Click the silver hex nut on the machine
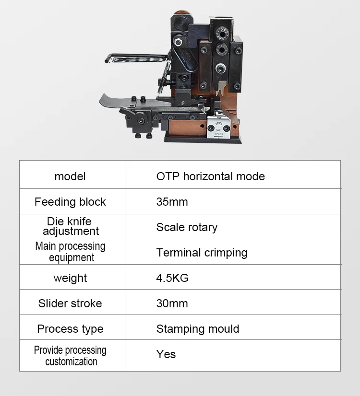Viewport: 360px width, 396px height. (x=221, y=68)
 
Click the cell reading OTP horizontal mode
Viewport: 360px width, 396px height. (x=210, y=176)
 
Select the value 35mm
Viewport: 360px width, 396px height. (x=172, y=202)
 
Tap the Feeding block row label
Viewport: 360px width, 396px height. (x=70, y=202)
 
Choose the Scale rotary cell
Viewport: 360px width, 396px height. (x=187, y=227)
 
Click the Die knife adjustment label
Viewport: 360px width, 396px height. (x=70, y=226)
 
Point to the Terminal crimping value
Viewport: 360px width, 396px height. (x=202, y=253)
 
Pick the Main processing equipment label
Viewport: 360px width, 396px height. (x=70, y=252)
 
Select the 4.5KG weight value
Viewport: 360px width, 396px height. (x=172, y=278)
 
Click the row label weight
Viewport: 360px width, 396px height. (x=70, y=278)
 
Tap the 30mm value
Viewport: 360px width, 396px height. (x=172, y=303)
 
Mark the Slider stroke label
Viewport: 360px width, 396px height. (x=70, y=303)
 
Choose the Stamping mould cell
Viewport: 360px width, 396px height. (x=198, y=329)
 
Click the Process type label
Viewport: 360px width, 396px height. (x=70, y=329)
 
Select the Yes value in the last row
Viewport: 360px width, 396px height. (x=166, y=354)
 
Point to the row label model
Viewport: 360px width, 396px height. (x=70, y=176)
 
